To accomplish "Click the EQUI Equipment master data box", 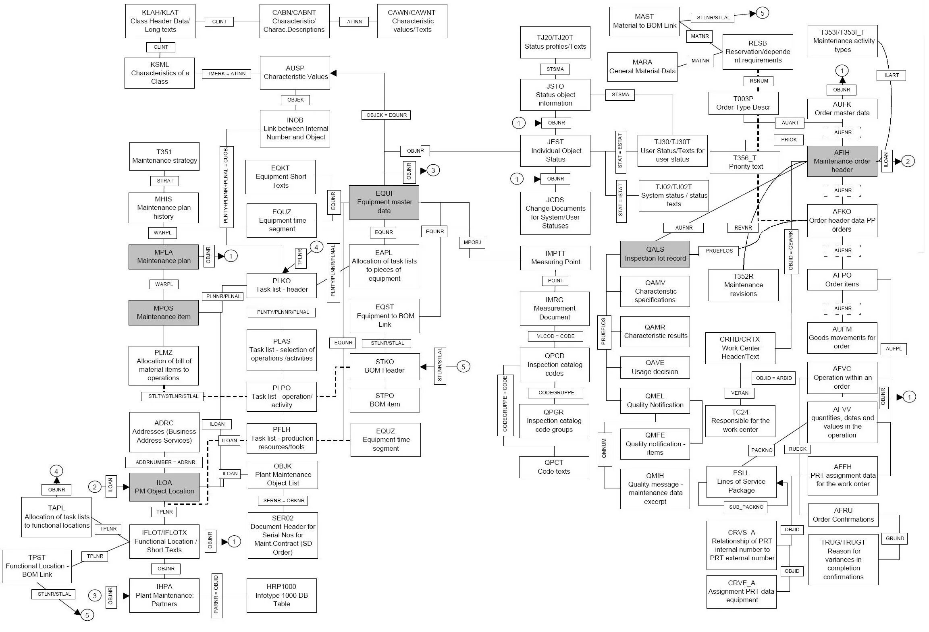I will (x=384, y=202).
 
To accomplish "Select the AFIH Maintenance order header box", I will (x=842, y=161).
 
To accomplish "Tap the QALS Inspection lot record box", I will (x=655, y=254).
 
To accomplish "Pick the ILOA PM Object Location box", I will (x=164, y=487).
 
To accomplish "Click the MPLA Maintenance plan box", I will (x=164, y=257).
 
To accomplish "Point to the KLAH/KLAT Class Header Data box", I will (x=160, y=21).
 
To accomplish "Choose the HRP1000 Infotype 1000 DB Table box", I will (x=281, y=595).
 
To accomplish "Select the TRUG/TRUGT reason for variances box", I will (x=843, y=559).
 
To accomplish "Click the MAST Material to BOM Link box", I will (x=644, y=21).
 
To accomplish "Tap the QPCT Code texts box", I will (x=554, y=467).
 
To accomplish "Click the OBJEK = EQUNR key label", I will (x=387, y=115).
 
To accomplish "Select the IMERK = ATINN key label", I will (x=227, y=74).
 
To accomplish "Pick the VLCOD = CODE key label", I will (x=555, y=336).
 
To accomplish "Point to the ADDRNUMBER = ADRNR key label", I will (x=165, y=462).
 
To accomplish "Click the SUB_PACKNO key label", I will (x=746, y=507).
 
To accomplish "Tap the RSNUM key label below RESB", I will (x=759, y=81).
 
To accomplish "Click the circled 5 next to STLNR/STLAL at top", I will (x=762, y=13).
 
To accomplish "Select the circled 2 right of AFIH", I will (x=908, y=162).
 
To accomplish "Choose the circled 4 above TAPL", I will (x=56, y=471).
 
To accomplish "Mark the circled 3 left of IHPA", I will (x=95, y=596).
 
